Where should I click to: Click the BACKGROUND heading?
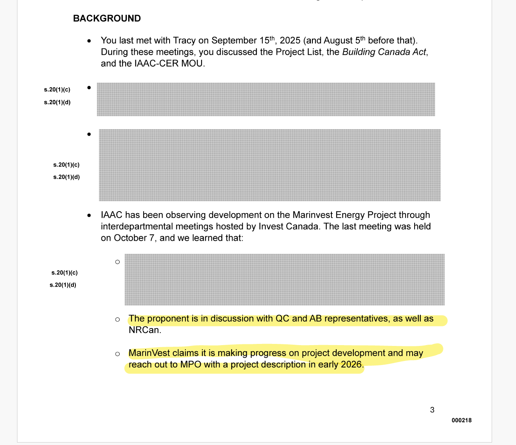click(x=107, y=18)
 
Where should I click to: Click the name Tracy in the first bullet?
click(x=185, y=41)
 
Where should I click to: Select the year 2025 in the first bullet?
click(x=290, y=41)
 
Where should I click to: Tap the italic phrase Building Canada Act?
click(x=384, y=52)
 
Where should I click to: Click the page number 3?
click(x=432, y=410)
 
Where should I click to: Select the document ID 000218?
click(x=462, y=421)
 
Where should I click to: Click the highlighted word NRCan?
click(x=144, y=330)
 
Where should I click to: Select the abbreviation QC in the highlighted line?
click(x=282, y=319)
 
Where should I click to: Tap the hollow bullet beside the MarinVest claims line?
click(x=118, y=354)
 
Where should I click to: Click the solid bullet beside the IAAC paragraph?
click(x=89, y=216)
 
